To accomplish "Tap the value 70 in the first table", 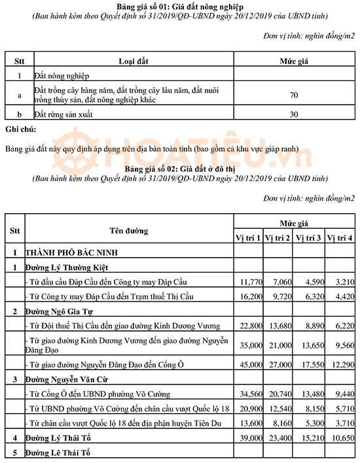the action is click(x=294, y=95).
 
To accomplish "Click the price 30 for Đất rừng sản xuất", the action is click(x=294, y=114).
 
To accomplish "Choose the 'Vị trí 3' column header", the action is click(x=309, y=237).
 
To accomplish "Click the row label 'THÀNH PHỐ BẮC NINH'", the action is click(x=71, y=252).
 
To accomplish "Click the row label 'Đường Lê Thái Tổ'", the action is click(x=57, y=453).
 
